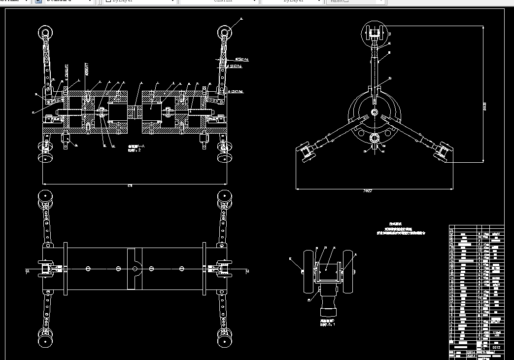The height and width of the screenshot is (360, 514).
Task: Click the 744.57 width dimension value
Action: pos(367,190)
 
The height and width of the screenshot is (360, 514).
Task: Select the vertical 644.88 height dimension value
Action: pos(485,106)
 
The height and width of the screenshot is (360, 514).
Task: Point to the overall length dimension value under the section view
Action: pos(130,185)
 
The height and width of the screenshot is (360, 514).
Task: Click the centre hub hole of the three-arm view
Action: pos(375,113)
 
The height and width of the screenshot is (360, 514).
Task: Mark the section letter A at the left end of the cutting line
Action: pos(28,271)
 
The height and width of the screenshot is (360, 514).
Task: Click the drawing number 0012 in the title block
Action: pos(496,348)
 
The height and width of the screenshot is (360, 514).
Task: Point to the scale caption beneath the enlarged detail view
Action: pos(327,324)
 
